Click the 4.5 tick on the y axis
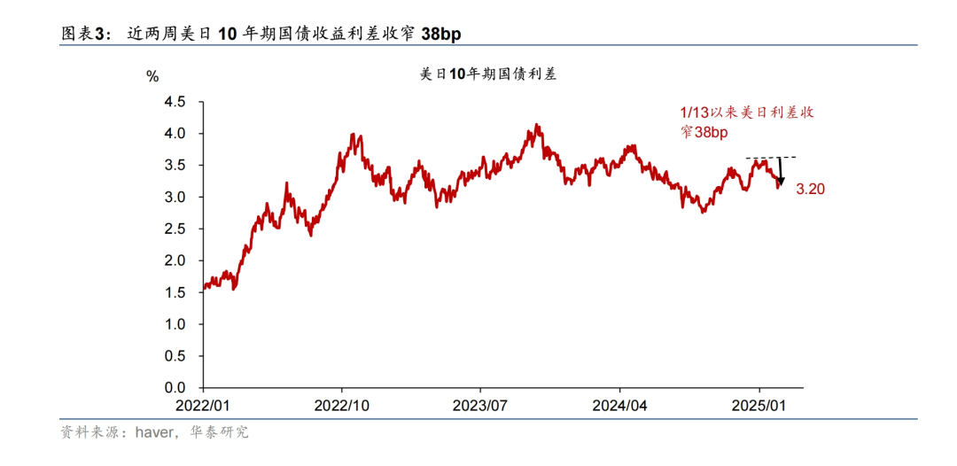(x=175, y=102)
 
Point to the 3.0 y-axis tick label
(x=175, y=197)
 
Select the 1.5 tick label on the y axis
(x=175, y=292)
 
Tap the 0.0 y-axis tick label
(x=175, y=388)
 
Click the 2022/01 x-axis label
(x=202, y=405)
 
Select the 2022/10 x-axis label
(x=342, y=405)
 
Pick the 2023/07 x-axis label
(x=480, y=405)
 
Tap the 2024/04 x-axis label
(x=619, y=405)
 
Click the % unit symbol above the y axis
(x=152, y=77)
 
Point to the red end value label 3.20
(x=811, y=189)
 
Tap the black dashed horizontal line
(x=771, y=157)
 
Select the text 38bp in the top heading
(x=440, y=34)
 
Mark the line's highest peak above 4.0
(x=537, y=125)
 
